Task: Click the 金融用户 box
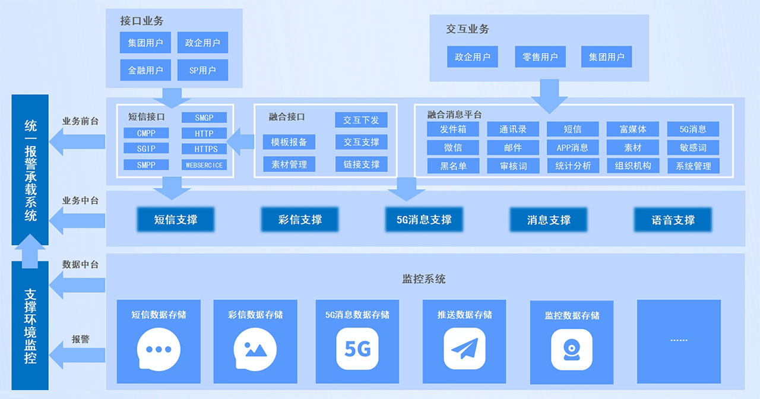coord(145,70)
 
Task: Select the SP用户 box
coord(202,70)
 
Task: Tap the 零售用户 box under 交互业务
coord(540,57)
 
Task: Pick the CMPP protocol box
coord(146,133)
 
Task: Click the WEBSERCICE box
coord(204,165)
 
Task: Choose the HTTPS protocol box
coord(204,149)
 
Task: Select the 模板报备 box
coord(289,142)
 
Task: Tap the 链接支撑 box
coord(361,164)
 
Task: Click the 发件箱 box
coord(453,129)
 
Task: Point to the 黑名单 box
coord(453,166)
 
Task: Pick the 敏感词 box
coord(693,148)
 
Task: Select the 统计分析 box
coord(573,166)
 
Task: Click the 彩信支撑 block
coord(300,220)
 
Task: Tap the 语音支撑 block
coord(673,220)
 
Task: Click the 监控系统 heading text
coord(424,278)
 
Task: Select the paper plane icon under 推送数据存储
coord(464,349)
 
